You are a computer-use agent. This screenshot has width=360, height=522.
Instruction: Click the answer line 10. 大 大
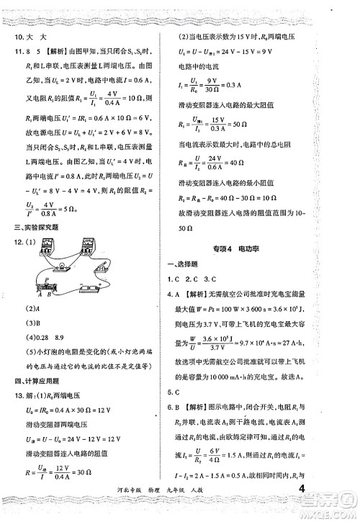(27, 37)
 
